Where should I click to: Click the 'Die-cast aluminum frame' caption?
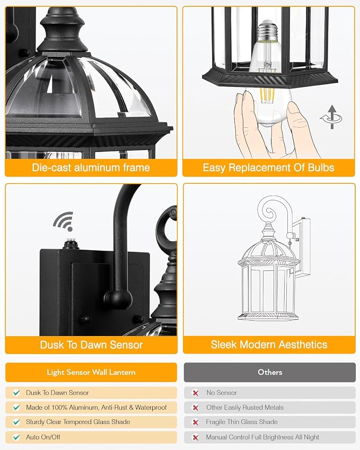(91, 167)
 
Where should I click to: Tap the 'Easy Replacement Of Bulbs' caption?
(268, 167)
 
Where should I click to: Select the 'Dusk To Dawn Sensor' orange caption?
(91, 345)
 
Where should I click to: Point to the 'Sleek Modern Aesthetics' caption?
(269, 345)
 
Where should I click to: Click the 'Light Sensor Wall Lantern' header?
(91, 372)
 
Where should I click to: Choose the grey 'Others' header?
(270, 372)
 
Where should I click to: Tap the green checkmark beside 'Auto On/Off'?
(16, 437)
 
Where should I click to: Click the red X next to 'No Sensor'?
(196, 393)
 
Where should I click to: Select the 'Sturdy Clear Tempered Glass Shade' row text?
(78, 422)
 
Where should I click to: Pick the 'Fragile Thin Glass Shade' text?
(242, 422)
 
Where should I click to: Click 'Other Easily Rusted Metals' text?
(244, 408)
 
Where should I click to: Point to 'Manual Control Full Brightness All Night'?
(262, 437)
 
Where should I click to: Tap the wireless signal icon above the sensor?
(64, 222)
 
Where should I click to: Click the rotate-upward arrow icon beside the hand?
(331, 117)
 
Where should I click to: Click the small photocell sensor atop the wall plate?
(68, 244)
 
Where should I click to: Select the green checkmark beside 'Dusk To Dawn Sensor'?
(16, 393)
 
